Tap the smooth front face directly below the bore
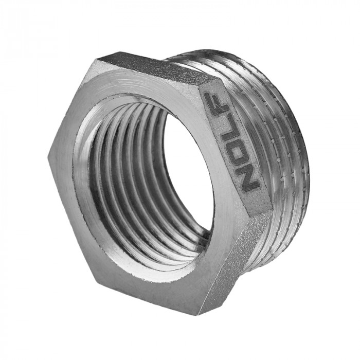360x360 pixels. point(154,278)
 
